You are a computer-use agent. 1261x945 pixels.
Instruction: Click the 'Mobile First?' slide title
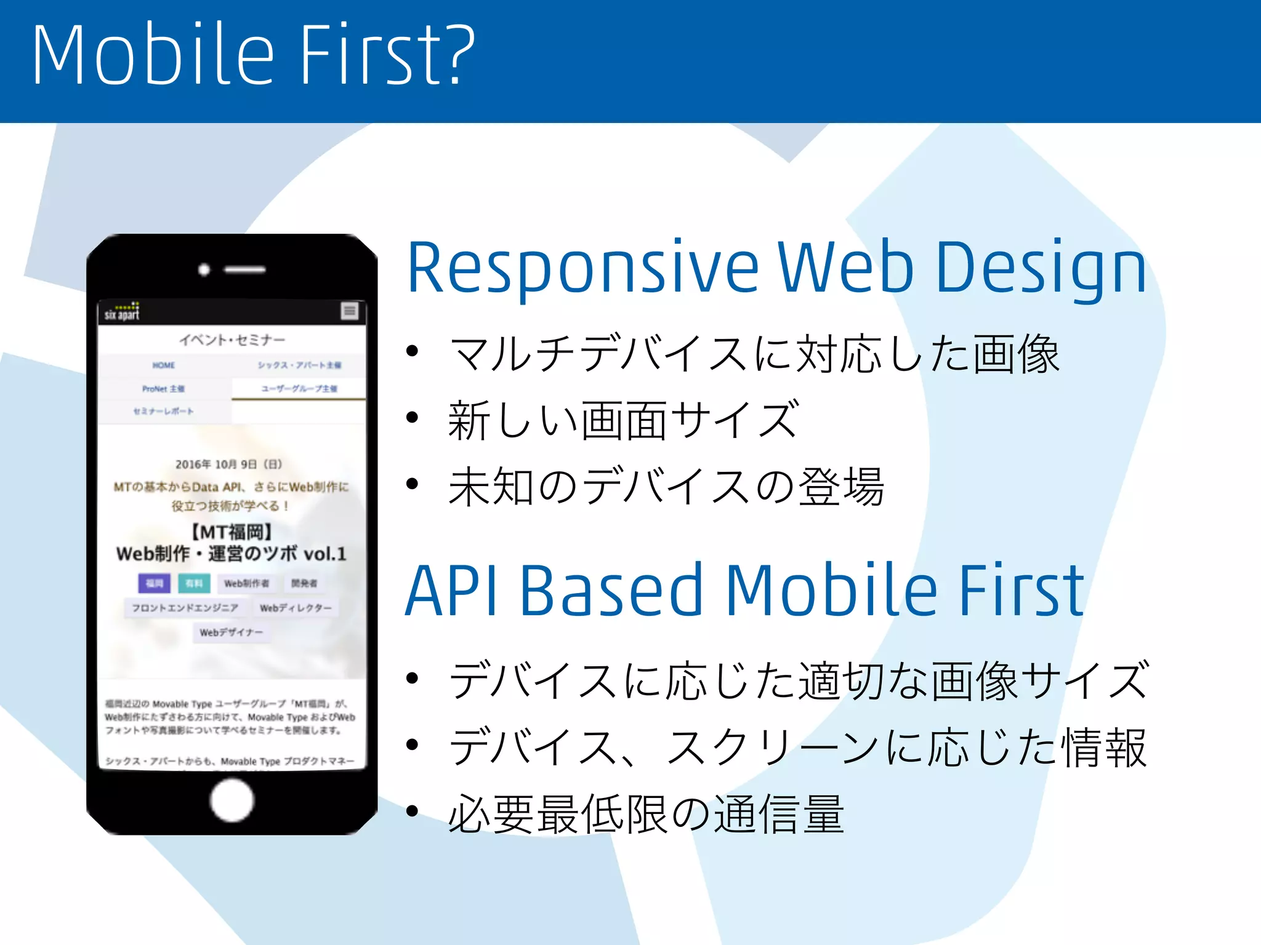coord(252,55)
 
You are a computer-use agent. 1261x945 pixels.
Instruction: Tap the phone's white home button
coord(232,800)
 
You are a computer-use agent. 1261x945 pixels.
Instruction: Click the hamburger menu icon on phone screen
coord(350,311)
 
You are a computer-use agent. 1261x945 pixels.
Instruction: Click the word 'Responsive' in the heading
coord(582,268)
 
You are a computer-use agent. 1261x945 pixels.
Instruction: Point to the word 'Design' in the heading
coord(1041,268)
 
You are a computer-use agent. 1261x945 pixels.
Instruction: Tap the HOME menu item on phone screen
coord(164,365)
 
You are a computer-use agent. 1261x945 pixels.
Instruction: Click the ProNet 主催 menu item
coord(164,389)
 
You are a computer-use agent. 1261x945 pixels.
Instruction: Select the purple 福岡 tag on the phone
coord(154,583)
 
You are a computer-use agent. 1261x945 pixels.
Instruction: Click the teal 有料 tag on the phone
coord(194,583)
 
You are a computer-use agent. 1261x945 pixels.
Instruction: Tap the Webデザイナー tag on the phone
coord(231,632)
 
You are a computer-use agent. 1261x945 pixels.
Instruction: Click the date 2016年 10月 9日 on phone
coord(228,464)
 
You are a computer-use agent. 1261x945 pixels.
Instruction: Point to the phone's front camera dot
coord(204,269)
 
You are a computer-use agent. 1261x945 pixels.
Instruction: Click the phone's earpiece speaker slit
coord(244,269)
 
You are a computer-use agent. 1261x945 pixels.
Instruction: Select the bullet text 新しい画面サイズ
coord(623,420)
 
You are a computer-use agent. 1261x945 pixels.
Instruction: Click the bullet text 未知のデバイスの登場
coord(666,487)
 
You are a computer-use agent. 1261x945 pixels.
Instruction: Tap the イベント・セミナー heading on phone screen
coord(232,340)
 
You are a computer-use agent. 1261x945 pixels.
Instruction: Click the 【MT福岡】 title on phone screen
coord(232,532)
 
